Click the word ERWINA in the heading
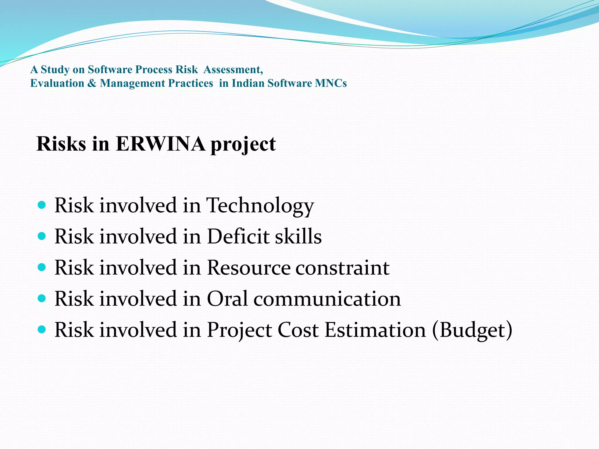point(160,144)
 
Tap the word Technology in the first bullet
point(260,205)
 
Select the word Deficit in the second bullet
point(238,236)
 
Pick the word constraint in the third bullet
point(342,267)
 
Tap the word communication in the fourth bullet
point(327,299)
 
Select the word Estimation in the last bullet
point(375,330)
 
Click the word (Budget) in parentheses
point(472,330)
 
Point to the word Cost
point(298,330)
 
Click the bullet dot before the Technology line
point(42,205)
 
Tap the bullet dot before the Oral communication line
point(42,298)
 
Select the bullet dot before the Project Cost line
point(42,330)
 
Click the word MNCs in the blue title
point(331,83)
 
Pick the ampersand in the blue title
point(92,83)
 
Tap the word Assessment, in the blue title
point(233,70)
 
